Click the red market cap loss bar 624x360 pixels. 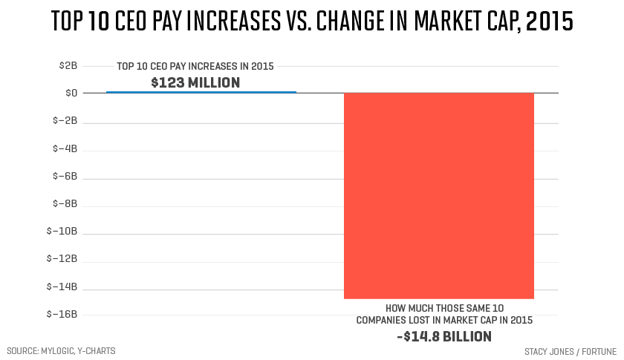tap(438, 195)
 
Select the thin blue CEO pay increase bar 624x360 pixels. tap(201, 92)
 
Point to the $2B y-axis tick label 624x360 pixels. tap(68, 65)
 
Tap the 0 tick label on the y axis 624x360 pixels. tap(72, 93)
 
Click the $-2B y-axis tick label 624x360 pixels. tap(65, 121)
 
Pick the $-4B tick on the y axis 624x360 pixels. tap(65, 148)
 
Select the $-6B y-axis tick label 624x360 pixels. tap(65, 176)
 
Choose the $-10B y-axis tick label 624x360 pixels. tap(63, 232)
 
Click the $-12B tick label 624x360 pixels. tap(63, 259)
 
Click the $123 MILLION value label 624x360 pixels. tap(195, 82)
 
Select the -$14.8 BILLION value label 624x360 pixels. tap(444, 336)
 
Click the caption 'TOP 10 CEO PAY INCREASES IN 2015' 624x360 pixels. tap(195, 67)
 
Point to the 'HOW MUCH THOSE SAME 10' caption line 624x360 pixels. tap(444, 308)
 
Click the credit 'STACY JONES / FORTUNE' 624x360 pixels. tap(571, 350)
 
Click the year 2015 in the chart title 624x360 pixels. tap(548, 22)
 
